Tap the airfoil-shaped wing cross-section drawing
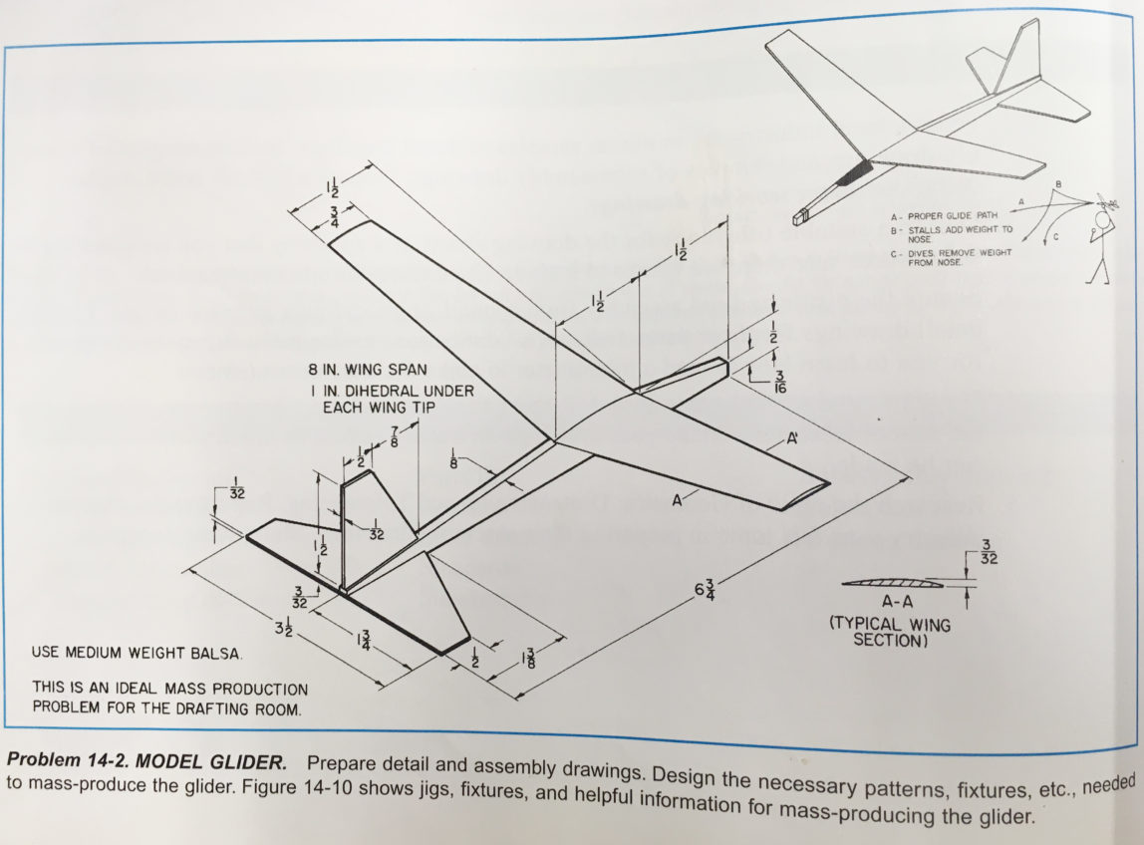(890, 583)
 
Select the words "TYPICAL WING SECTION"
(890, 632)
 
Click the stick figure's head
(1104, 219)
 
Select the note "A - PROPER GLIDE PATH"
(942, 215)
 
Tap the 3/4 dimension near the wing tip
(333, 218)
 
